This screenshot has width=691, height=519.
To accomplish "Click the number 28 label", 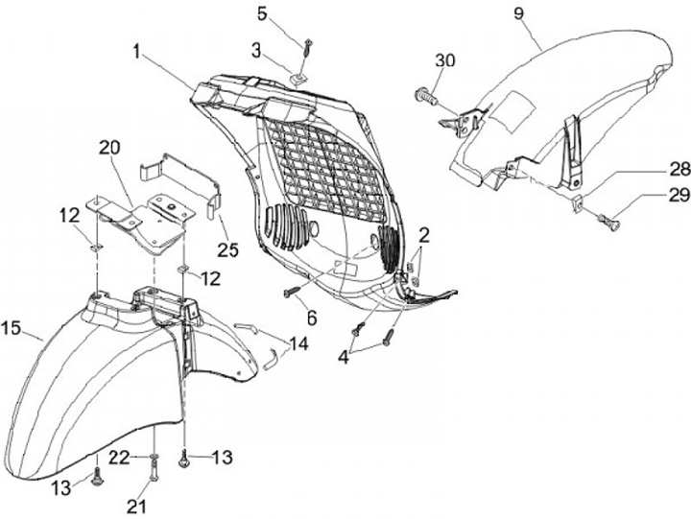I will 654,169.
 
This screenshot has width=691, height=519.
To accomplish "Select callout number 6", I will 313,317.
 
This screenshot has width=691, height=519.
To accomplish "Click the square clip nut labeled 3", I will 298,75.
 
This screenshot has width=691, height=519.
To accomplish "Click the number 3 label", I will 256,49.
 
